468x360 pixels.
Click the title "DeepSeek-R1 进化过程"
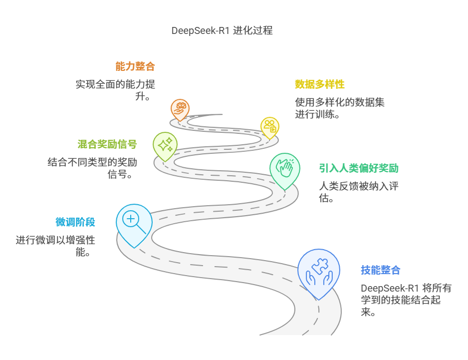(222, 30)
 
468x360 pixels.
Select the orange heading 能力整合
(135, 66)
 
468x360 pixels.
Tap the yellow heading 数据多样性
(319, 84)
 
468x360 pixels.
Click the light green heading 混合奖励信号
(107, 144)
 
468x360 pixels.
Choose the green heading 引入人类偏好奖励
(359, 168)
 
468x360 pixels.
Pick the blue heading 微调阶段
(75, 222)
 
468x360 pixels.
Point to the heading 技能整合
(380, 270)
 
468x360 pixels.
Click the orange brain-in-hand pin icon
(180, 107)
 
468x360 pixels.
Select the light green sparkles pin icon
(165, 144)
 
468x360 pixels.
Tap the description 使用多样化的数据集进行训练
(339, 108)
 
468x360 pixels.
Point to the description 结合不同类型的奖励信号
(92, 168)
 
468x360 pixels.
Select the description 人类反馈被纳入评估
(358, 192)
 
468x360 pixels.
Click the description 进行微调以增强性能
(55, 246)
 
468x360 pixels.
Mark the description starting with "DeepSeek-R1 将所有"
(401, 300)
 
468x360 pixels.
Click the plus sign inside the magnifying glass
(131, 218)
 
